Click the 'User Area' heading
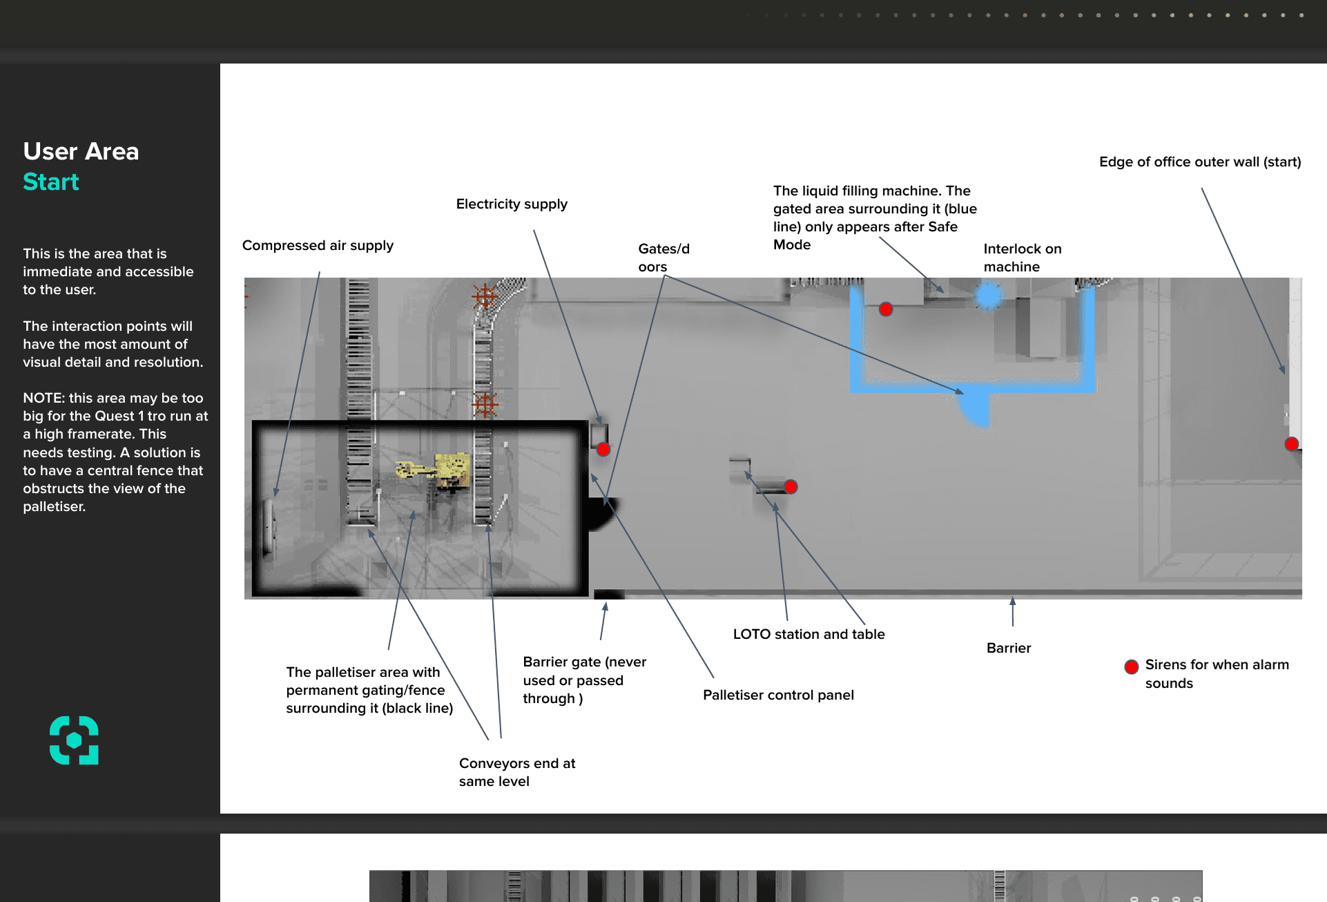click(81, 151)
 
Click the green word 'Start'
click(51, 182)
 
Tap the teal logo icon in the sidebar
click(74, 740)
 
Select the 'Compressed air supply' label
click(318, 246)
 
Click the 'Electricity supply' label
click(512, 204)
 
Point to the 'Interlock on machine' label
click(1022, 258)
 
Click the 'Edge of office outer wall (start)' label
click(1199, 162)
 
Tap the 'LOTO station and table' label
click(808, 634)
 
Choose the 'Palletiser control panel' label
click(778, 695)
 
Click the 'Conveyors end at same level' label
click(516, 772)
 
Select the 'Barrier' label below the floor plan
click(1008, 648)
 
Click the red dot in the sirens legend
click(1131, 666)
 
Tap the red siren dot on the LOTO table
click(791, 487)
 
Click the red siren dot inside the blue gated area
click(886, 309)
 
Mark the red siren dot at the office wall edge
click(1291, 444)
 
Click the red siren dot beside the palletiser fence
click(603, 450)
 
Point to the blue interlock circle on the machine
click(988, 296)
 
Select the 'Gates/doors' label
click(663, 258)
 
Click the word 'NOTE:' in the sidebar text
click(44, 398)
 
